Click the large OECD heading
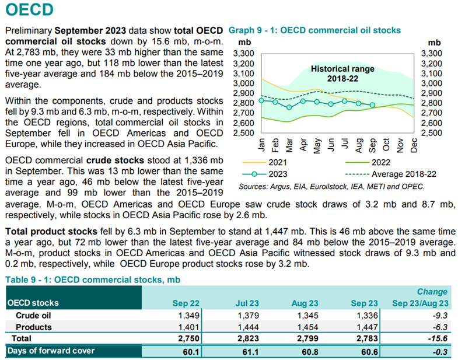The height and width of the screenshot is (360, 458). click(30, 9)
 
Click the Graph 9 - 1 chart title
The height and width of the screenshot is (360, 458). click(314, 30)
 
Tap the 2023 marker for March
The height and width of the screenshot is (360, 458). click(289, 107)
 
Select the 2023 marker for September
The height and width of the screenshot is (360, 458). click(372, 105)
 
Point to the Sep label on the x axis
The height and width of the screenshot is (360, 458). click(372, 145)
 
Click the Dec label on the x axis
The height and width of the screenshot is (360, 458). click(414, 145)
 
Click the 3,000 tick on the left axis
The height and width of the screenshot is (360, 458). click(244, 83)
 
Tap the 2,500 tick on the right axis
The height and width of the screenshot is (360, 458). click(431, 133)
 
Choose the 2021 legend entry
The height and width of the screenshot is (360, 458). click(265, 162)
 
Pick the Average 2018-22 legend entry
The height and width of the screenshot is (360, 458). click(390, 174)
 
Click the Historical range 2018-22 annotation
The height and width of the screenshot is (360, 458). click(342, 74)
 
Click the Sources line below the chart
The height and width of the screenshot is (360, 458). click(331, 187)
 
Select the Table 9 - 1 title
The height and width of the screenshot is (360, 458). click(93, 280)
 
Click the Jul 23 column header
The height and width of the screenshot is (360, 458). click(247, 303)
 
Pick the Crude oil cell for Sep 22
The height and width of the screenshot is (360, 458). click(189, 316)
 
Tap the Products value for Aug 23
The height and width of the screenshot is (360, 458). click(307, 327)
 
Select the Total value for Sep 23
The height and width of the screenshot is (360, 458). click(367, 338)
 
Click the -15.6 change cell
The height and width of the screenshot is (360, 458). click(438, 338)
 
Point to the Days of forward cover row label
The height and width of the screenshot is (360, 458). click(51, 351)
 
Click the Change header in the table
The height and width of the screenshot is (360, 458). click(432, 292)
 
